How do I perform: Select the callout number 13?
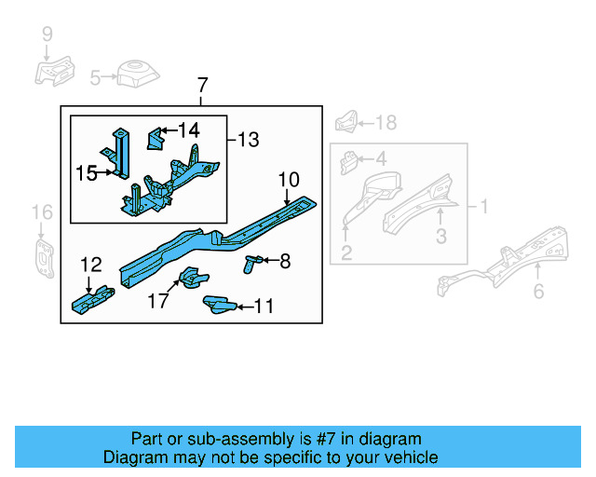pyautogui.click(x=247, y=140)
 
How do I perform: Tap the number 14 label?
pyautogui.click(x=188, y=130)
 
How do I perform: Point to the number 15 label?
pyautogui.click(x=86, y=172)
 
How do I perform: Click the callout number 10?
pyautogui.click(x=288, y=178)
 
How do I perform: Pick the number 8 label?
pyautogui.click(x=284, y=263)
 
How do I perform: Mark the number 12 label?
pyautogui.click(x=91, y=266)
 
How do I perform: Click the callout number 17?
pyautogui.click(x=158, y=301)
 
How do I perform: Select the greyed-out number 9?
pyautogui.click(x=47, y=35)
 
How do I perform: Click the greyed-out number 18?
pyautogui.click(x=386, y=122)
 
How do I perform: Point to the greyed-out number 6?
pyautogui.click(x=538, y=292)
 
